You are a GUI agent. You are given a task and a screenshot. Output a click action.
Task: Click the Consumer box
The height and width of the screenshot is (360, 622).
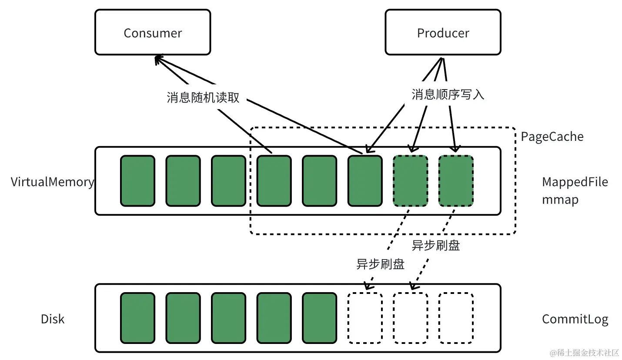click(x=153, y=33)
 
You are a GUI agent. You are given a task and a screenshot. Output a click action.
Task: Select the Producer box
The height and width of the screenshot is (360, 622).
click(x=443, y=33)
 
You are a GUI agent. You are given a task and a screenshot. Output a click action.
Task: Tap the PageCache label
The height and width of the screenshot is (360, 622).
click(x=552, y=137)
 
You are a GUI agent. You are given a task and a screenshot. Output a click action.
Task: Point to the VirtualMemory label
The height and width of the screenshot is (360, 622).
click(x=52, y=182)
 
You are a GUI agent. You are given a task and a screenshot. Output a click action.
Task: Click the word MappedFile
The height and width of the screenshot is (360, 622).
click(x=575, y=182)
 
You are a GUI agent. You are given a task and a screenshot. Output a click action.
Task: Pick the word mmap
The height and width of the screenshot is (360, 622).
click(x=560, y=200)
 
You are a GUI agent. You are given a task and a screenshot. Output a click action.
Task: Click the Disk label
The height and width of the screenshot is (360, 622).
click(x=53, y=319)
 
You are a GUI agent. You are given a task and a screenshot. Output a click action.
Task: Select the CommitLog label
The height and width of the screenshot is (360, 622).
click(x=575, y=319)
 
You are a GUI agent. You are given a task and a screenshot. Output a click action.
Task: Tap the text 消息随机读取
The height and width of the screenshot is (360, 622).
click(x=203, y=97)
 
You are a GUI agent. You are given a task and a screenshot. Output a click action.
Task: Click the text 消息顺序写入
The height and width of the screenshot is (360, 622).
click(x=448, y=94)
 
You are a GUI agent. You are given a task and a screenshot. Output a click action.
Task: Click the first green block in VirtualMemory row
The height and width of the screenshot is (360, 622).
click(x=137, y=181)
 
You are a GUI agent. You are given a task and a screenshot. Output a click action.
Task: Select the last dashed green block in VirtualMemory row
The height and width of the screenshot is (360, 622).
click(x=455, y=181)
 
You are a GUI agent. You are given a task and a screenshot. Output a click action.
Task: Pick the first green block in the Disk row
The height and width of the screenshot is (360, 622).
click(x=137, y=318)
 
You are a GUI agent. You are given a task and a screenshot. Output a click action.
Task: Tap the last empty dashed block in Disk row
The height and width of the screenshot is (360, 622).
click(x=455, y=318)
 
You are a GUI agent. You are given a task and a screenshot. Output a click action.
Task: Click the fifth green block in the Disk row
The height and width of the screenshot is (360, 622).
click(x=319, y=318)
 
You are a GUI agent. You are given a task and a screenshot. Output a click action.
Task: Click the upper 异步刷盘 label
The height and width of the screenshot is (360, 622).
click(x=436, y=246)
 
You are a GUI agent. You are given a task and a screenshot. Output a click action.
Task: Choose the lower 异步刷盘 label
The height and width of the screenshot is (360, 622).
click(x=381, y=264)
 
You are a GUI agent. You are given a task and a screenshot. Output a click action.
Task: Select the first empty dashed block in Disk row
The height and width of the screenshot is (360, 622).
click(x=365, y=318)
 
